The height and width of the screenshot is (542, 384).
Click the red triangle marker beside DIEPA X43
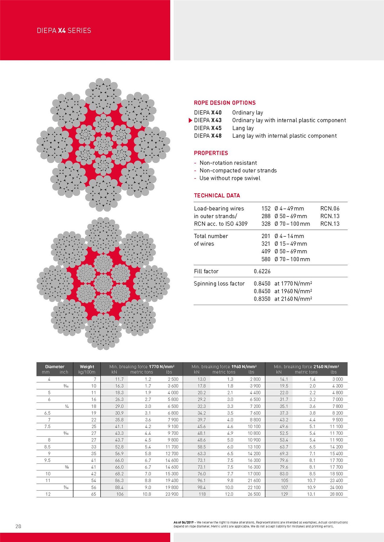pyautogui.click(x=190, y=120)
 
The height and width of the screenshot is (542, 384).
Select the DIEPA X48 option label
pyautogui.click(x=208, y=136)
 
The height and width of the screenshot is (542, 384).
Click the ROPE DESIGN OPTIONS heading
pyautogui.click(x=225, y=103)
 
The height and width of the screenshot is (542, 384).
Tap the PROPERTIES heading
pyautogui.click(x=211, y=153)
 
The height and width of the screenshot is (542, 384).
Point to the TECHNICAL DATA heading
pyautogui.click(x=217, y=195)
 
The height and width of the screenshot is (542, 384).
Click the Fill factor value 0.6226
pyautogui.click(x=262, y=271)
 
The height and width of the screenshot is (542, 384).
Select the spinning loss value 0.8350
pyautogui.click(x=262, y=299)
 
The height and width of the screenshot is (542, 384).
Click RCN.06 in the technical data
pyautogui.click(x=330, y=208)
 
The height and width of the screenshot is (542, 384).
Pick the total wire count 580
pyautogui.click(x=266, y=259)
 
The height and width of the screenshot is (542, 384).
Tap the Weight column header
pyautogui.click(x=87, y=367)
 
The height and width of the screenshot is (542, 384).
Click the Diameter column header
pyautogui.click(x=55, y=367)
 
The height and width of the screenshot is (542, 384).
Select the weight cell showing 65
pyautogui.click(x=93, y=494)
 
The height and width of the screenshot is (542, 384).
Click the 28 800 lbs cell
pyautogui.click(x=336, y=494)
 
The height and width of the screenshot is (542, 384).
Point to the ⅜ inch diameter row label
pyautogui.click(x=67, y=467)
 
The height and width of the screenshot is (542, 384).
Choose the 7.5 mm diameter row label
pyautogui.click(x=47, y=426)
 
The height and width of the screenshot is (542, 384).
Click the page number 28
pyautogui.click(x=18, y=526)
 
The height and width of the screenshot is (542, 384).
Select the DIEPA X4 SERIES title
pyautogui.click(x=64, y=30)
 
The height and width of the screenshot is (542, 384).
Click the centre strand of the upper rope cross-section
pyautogui.click(x=103, y=144)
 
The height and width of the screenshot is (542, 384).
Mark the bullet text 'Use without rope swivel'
pyautogui.click(x=229, y=178)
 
